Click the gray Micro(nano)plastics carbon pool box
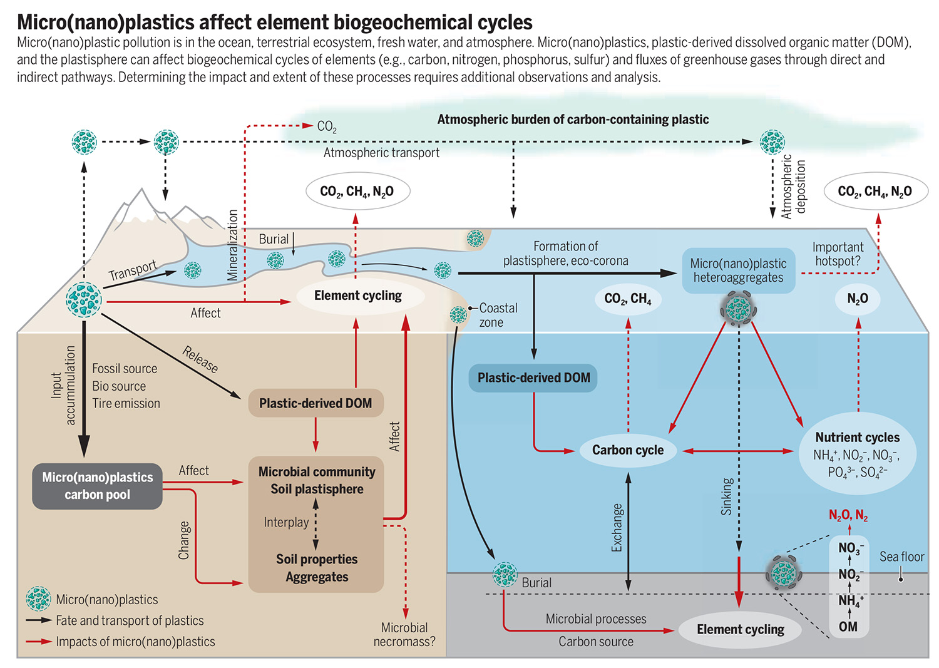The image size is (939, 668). coord(98,486)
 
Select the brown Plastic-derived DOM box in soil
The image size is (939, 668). coord(316,404)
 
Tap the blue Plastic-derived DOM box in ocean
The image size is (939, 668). coord(533,378)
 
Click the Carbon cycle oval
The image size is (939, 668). coord(628,450)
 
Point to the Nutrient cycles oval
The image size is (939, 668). coord(857,454)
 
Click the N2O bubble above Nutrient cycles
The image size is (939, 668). coord(858,299)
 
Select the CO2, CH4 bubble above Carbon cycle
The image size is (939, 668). coord(628,299)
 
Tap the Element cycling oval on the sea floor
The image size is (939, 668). coord(740,630)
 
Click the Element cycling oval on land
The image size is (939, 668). coord(358,295)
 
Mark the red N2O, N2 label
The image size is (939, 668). coord(848,515)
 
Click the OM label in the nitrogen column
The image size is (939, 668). coord(848,627)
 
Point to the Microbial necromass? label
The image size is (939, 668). coord(404,634)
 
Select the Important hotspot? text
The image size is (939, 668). coord(838,254)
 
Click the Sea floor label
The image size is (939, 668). coord(901,557)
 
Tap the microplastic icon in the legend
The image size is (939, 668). coord(38,599)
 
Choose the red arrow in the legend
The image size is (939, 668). coord(38,642)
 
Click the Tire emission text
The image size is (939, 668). coord(126,404)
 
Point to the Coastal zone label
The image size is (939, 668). coord(498,315)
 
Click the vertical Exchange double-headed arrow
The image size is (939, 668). coord(628,532)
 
